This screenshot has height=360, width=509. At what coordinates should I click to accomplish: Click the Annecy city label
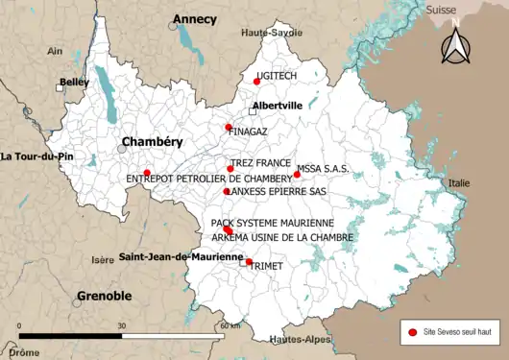pyautogui.click(x=194, y=19)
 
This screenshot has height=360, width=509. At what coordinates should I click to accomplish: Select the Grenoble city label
pyautogui.click(x=104, y=296)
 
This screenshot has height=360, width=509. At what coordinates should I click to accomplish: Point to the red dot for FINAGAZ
pyautogui.click(x=228, y=128)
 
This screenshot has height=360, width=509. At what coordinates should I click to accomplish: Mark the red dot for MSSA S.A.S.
pyautogui.click(x=297, y=175)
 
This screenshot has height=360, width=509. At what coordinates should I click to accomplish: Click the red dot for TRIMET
pyautogui.click(x=249, y=262)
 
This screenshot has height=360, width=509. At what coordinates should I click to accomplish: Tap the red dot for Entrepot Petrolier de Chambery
pyautogui.click(x=147, y=173)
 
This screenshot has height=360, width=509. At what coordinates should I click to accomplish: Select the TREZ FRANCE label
pyautogui.click(x=259, y=163)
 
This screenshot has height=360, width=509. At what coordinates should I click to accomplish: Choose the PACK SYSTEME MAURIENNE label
pyautogui.click(x=272, y=223)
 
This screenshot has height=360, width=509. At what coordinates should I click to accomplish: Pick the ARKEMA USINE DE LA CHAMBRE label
pyautogui.click(x=281, y=237)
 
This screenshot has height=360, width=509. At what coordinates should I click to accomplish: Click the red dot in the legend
pyautogui.click(x=413, y=331)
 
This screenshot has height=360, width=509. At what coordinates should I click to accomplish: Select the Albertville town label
pyautogui.click(x=277, y=106)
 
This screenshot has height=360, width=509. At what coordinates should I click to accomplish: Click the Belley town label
pyautogui.click(x=74, y=84)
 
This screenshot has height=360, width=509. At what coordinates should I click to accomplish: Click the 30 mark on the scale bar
pyautogui.click(x=121, y=326)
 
